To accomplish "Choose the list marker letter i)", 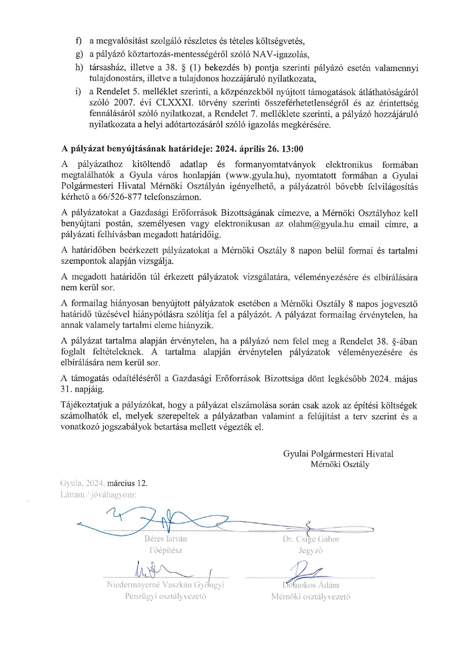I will click(78, 92).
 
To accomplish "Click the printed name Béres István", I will click(166, 539).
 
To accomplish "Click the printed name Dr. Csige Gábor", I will click(311, 539).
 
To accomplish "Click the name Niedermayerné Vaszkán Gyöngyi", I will click(165, 585).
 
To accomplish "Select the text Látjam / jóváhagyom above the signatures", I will click(98, 494).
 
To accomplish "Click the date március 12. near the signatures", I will click(128, 483).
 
